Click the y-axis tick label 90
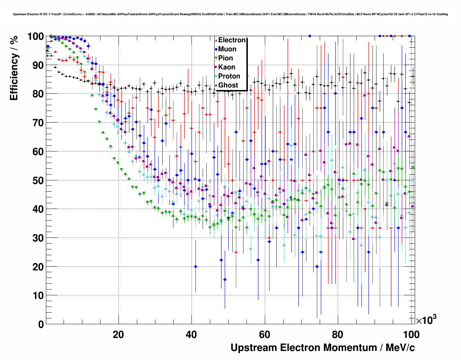[36, 65]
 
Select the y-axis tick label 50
[36, 180]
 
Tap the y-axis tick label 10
[36, 296]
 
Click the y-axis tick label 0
[40, 325]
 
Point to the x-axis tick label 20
[118, 335]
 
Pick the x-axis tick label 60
[264, 335]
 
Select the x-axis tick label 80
[337, 335]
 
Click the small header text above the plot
[230, 14]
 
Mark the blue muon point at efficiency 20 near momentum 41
[195, 266]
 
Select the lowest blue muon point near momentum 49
[225, 279]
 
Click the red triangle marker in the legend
[216, 40]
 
